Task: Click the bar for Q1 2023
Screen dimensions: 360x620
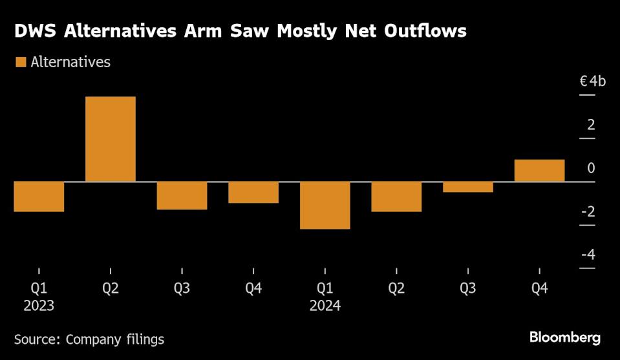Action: pyautogui.click(x=39, y=196)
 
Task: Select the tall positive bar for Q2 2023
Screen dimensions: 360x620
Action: pyautogui.click(x=111, y=139)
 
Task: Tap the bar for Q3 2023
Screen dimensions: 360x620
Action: pyautogui.click(x=182, y=195)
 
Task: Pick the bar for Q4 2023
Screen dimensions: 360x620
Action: pyautogui.click(x=253, y=192)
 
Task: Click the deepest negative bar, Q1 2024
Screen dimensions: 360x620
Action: pyautogui.click(x=325, y=205)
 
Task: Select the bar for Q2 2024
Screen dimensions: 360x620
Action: pyautogui.click(x=396, y=196)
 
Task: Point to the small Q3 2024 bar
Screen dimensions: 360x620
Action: pyautogui.click(x=468, y=187)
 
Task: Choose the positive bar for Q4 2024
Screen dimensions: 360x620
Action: pyautogui.click(x=539, y=171)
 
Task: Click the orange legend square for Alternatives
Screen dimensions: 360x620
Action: pyautogui.click(x=20, y=62)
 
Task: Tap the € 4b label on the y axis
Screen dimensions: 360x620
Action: pyautogui.click(x=592, y=81)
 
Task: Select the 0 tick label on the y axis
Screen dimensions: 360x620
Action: pyautogui.click(x=591, y=168)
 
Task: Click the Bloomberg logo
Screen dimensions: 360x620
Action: pyautogui.click(x=565, y=337)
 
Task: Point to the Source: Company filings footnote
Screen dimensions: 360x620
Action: pyautogui.click(x=89, y=339)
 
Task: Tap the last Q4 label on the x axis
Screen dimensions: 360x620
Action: pyautogui.click(x=539, y=288)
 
